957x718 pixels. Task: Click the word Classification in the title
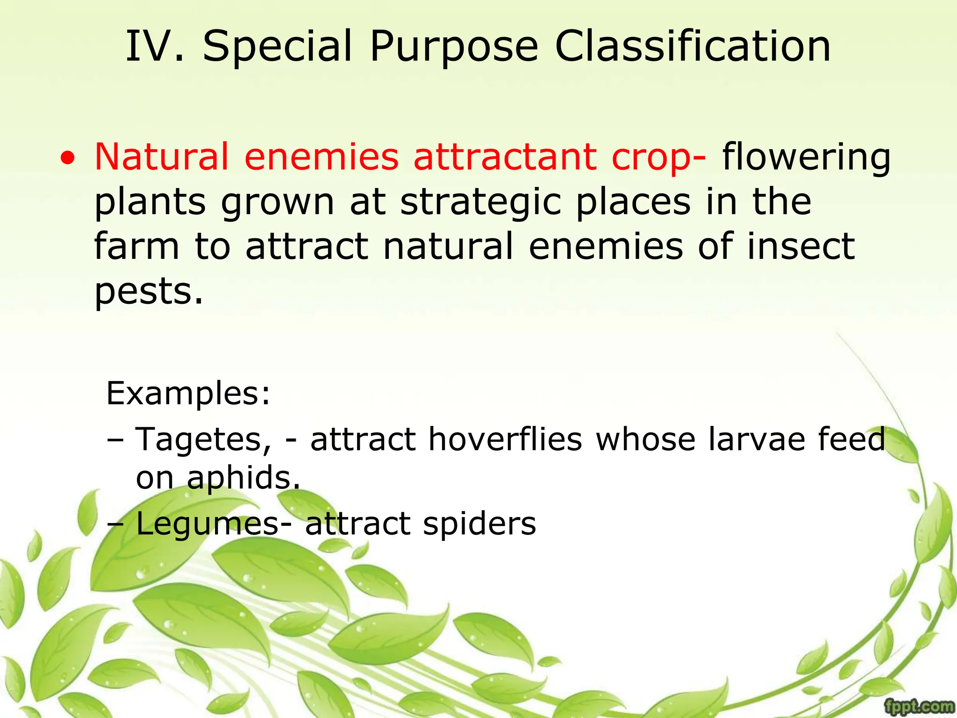point(693,46)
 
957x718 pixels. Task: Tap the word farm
point(136,246)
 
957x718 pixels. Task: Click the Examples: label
point(188,394)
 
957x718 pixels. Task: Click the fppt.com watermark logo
point(919,706)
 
